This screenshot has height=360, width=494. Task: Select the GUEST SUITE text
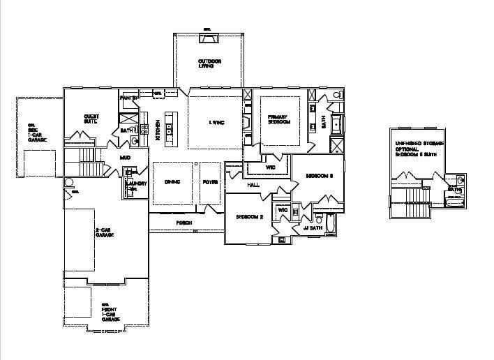(x=90, y=119)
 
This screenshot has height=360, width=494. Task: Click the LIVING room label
(x=217, y=123)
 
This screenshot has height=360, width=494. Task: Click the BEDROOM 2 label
(x=249, y=217)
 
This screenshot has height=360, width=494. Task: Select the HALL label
(x=254, y=184)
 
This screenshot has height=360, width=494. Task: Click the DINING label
(x=172, y=182)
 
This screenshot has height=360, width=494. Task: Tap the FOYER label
(x=210, y=182)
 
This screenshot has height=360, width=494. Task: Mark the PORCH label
(x=184, y=223)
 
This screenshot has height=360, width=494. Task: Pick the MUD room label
(x=125, y=158)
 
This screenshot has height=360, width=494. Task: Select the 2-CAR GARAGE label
(x=105, y=232)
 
